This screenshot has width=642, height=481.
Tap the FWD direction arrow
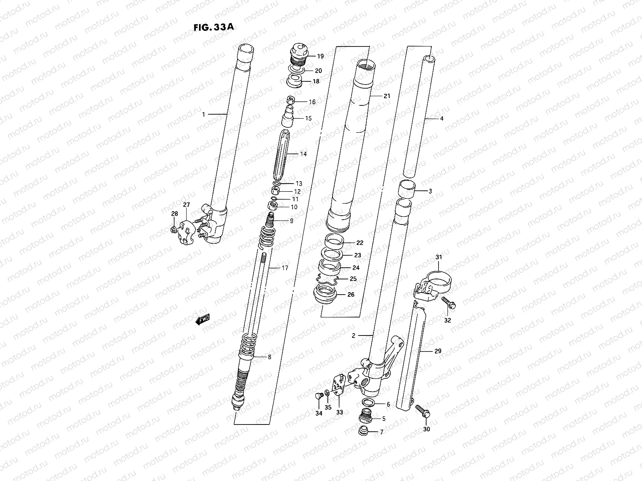tap(203, 319)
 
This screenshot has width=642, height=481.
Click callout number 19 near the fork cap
tap(320, 56)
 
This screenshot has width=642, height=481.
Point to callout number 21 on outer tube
tap(386, 96)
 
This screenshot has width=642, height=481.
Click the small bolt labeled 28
tap(173, 229)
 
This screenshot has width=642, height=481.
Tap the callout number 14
tap(303, 154)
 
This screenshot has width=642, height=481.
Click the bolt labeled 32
tap(449, 303)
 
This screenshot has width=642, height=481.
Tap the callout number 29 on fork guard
tap(437, 351)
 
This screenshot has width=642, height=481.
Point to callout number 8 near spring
tap(269, 357)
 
